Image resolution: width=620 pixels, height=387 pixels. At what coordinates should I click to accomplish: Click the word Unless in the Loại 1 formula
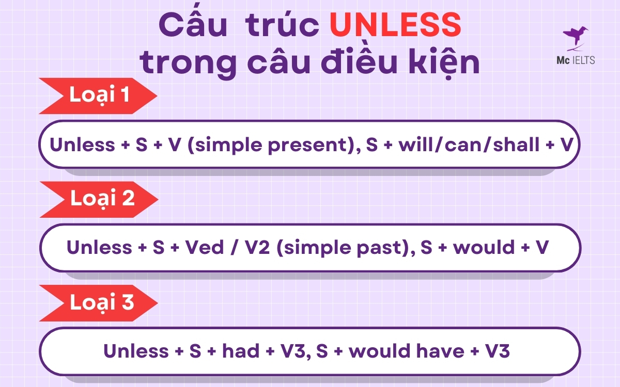pyautogui.click(x=82, y=145)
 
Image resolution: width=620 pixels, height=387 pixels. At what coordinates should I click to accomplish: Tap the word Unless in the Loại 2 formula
pyautogui.click(x=100, y=248)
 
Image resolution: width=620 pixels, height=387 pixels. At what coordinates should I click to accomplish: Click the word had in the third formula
pyautogui.click(x=240, y=351)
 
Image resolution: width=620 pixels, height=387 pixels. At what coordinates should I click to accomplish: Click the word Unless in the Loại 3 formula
pyautogui.click(x=136, y=351)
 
